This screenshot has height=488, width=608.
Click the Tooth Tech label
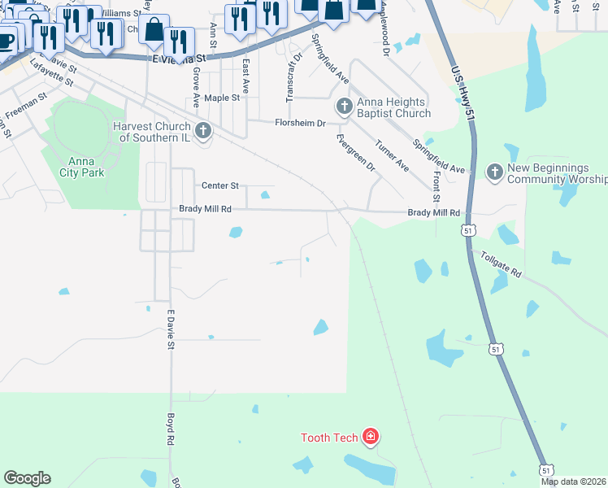329,438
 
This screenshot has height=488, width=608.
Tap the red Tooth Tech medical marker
371,437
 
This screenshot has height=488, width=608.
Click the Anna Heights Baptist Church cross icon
344,107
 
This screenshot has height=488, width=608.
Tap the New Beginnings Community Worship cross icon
493,172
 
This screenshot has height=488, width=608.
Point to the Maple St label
223,97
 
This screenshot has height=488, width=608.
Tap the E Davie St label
172,329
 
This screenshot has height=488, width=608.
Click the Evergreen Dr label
355,150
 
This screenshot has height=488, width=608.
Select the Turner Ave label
392,155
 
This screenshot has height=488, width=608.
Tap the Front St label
436,188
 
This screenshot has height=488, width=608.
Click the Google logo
27,478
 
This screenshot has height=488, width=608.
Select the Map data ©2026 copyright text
574,481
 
